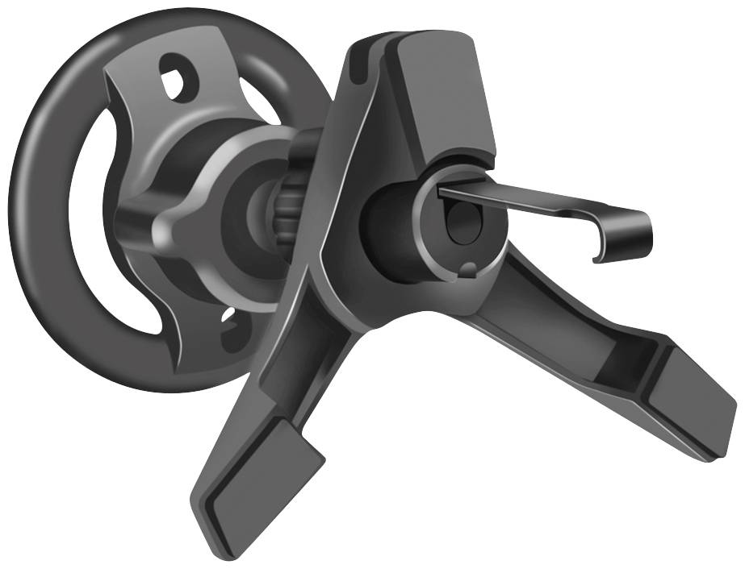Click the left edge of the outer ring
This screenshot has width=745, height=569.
[x=28, y=201]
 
